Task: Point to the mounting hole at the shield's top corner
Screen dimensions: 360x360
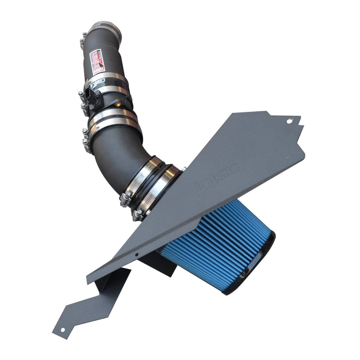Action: [288, 121]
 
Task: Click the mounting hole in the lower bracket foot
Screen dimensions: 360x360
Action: [63, 330]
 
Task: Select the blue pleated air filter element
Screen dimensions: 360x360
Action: [216, 245]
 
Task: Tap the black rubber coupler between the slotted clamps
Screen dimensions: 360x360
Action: [158, 180]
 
